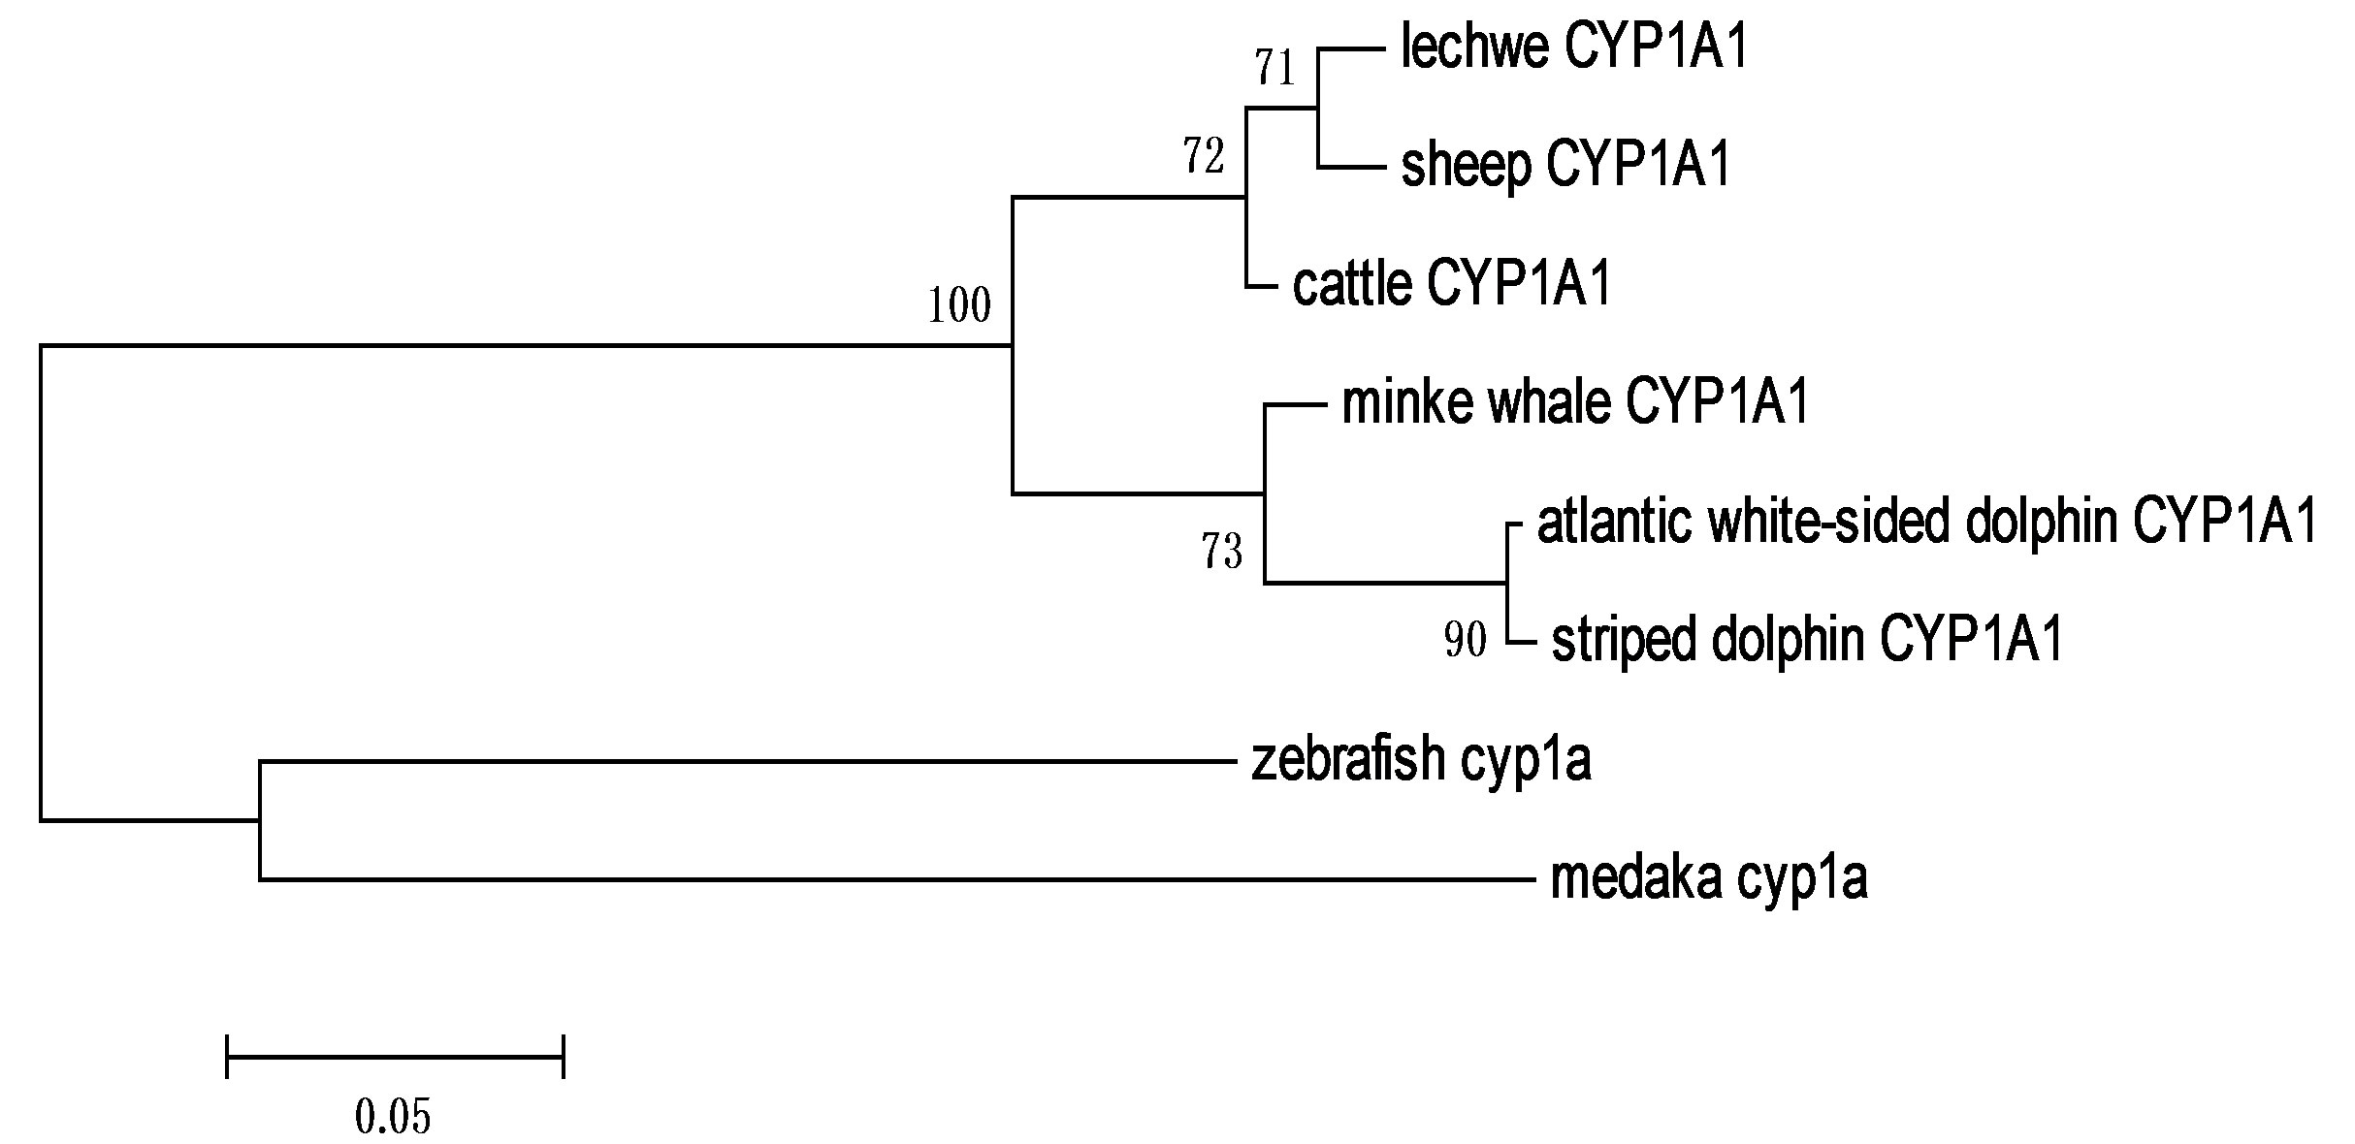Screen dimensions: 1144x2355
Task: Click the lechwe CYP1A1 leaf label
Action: click(x=1573, y=48)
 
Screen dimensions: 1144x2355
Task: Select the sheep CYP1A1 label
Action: click(x=1565, y=166)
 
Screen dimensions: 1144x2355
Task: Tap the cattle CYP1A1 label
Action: click(x=1451, y=285)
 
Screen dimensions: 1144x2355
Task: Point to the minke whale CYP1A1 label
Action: click(x=1575, y=402)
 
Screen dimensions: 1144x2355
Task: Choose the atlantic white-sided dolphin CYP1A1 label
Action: click(x=1927, y=523)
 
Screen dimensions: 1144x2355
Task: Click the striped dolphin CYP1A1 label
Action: click(x=1807, y=641)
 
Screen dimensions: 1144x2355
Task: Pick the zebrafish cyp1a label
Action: click(x=1421, y=760)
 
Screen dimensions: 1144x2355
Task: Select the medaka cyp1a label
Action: click(x=1709, y=879)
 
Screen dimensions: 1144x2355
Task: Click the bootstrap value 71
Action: click(x=1275, y=69)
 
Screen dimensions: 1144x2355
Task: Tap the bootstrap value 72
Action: click(x=1204, y=156)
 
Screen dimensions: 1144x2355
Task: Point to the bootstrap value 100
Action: click(x=959, y=306)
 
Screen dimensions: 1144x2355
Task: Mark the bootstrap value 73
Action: click(x=1222, y=553)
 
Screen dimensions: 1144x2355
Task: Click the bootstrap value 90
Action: click(x=1465, y=640)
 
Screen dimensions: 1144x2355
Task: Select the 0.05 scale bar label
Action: click(x=393, y=1117)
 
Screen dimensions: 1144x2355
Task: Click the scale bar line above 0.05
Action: click(x=395, y=1057)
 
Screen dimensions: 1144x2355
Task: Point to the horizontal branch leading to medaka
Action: click(x=892, y=879)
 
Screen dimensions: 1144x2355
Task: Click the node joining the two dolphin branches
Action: click(x=1506, y=583)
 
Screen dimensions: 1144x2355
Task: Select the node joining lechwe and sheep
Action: click(x=1318, y=108)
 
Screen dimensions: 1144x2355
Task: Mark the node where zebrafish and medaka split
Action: click(x=260, y=820)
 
